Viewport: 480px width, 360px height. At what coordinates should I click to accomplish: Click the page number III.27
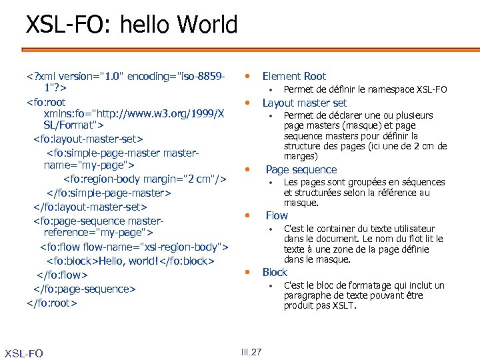point(251,353)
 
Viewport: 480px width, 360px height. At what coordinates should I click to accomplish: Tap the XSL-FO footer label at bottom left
point(23,353)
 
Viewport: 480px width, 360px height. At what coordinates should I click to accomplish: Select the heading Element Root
point(294,76)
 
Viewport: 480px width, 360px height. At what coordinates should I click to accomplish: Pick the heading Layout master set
point(305,103)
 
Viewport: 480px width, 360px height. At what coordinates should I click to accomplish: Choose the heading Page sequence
point(301,169)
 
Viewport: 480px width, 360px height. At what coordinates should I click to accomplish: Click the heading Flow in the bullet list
point(277,215)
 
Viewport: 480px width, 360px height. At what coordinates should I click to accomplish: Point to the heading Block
point(275,272)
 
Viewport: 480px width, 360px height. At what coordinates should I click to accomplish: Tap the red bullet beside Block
point(246,271)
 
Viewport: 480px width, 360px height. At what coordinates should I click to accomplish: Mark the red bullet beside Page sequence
point(246,169)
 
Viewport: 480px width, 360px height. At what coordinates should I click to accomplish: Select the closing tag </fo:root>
point(52,303)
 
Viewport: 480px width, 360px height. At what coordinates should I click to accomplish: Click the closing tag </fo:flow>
point(62,275)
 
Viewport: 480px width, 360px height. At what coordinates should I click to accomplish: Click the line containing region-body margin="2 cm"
point(145,179)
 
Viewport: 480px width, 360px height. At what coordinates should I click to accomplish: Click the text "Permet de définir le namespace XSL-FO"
point(365,89)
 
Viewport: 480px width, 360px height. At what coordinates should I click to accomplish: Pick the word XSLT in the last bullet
point(344,306)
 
